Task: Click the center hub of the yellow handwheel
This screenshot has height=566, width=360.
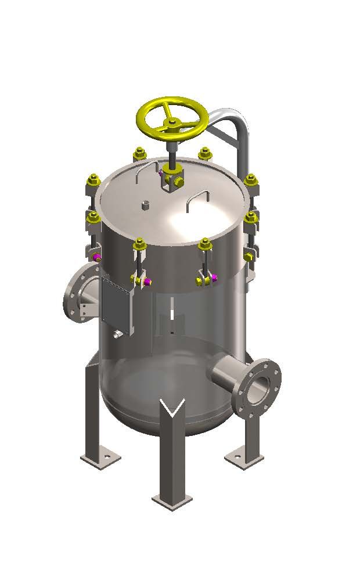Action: coord(172,122)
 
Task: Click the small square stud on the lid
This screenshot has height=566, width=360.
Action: coord(145,204)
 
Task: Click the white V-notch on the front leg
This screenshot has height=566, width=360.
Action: coord(173,409)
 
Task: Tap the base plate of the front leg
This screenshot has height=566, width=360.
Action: coord(172,500)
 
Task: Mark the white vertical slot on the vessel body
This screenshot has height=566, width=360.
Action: coord(172,313)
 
